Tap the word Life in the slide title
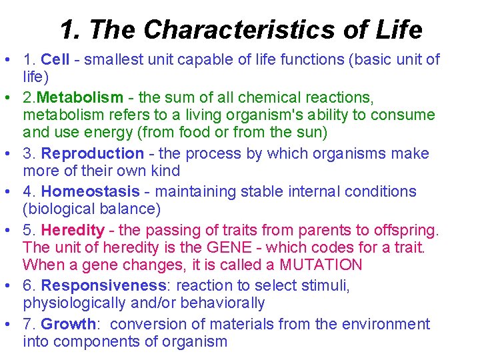pos(397,29)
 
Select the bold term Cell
pos(55,60)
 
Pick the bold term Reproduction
pos(93,154)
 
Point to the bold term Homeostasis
pos(91,192)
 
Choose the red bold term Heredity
pos(73,231)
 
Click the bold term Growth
pos(68,325)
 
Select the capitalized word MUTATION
pos(321,265)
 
